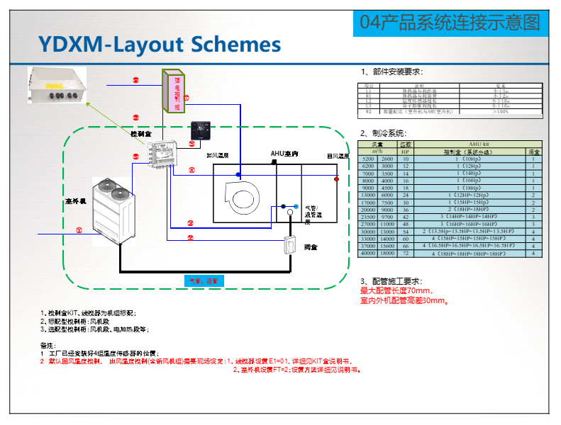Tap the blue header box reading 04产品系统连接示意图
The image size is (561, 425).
click(450, 23)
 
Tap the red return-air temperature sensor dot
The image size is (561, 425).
click(336, 179)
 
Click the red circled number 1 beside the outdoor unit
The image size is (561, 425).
click(79, 229)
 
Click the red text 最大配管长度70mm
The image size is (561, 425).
click(397, 291)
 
